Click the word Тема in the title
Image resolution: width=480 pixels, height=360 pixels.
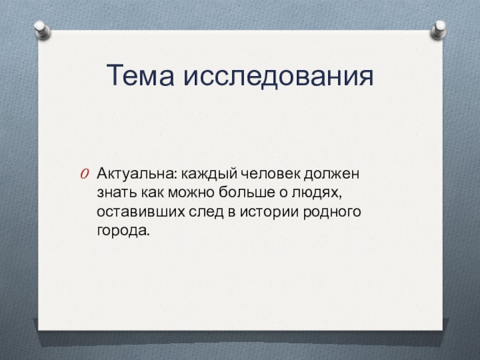pos(140,75)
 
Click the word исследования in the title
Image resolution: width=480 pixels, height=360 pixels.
pos(278,76)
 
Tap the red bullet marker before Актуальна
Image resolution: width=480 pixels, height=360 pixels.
pos(85,174)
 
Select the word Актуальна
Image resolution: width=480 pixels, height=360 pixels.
pos(137,173)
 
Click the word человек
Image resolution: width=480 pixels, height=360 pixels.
pos(271,174)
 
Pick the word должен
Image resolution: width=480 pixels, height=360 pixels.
pos(332,175)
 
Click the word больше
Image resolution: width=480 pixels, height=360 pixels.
pos(247,192)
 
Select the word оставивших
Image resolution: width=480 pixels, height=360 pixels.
pos(141,212)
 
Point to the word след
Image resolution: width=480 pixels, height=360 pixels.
pos(206,211)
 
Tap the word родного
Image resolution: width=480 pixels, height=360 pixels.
pos(332,212)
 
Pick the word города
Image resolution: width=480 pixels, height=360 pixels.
pos(122,231)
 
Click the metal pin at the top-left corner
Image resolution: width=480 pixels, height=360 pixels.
pos(42,29)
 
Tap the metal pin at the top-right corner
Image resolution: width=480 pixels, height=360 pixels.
pos(439,29)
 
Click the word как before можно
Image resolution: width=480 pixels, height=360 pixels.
pos(152,193)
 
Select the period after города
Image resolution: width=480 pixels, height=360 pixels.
pos(148,235)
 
